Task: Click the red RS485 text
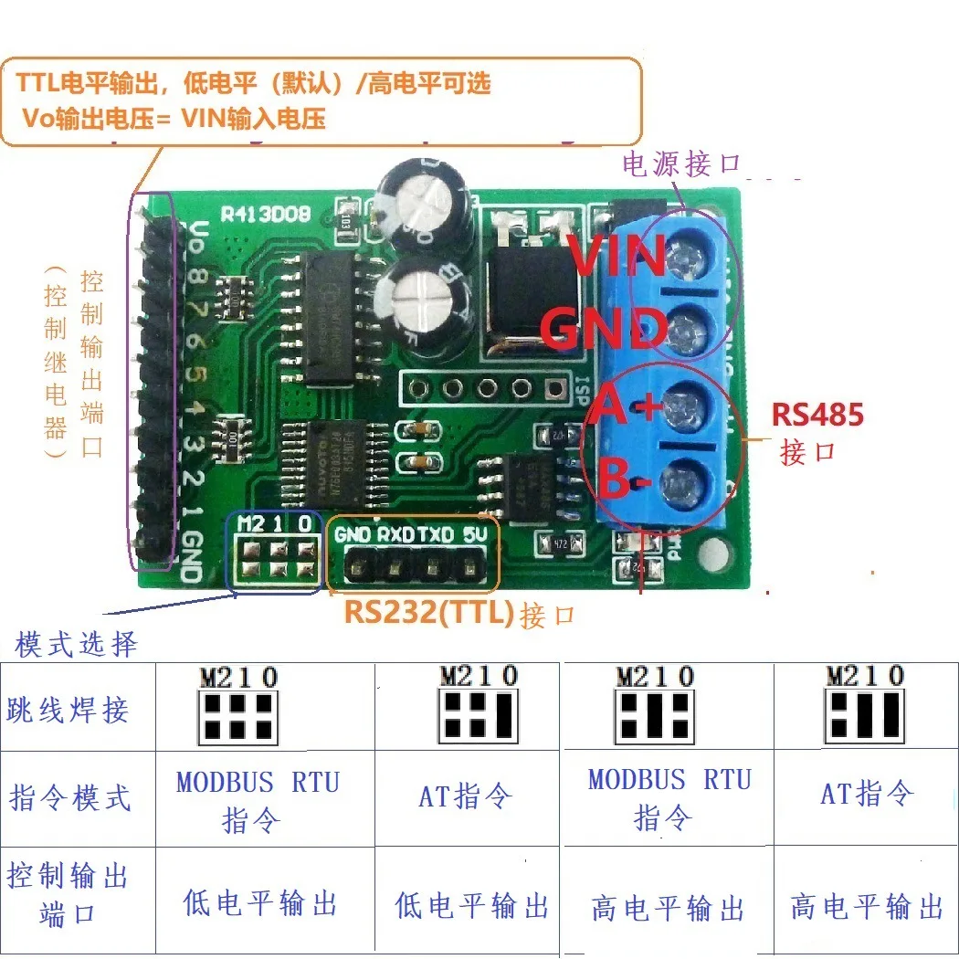click(x=817, y=415)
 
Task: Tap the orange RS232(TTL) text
click(x=429, y=612)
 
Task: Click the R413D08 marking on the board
click(x=266, y=214)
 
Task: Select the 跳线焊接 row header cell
click(x=68, y=710)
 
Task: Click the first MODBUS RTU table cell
click(x=258, y=799)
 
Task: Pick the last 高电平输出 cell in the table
click(x=866, y=906)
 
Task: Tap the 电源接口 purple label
click(x=680, y=164)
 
